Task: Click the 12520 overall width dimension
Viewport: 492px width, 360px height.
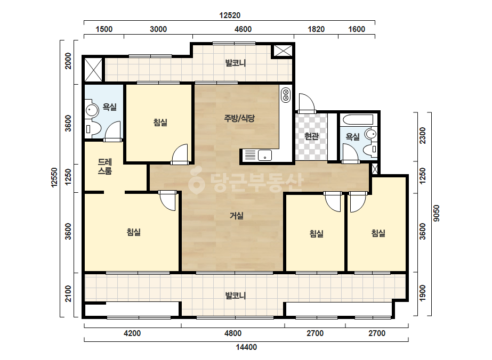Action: (230, 15)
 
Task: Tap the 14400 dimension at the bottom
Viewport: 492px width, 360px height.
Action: (246, 347)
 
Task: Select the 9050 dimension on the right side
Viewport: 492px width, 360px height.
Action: (437, 213)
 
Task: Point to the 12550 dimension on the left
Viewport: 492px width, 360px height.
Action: (54, 177)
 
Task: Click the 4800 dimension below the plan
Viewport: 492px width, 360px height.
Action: (233, 333)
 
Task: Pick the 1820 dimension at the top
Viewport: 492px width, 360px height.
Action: (316, 29)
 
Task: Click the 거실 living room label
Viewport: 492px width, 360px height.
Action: (237, 216)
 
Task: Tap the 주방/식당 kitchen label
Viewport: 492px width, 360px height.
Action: (239, 118)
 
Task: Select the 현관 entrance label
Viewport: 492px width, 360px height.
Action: (312, 136)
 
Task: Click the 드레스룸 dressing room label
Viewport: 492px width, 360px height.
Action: (105, 166)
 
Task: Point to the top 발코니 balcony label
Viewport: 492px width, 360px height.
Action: (235, 63)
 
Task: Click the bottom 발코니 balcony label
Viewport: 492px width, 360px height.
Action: (235, 296)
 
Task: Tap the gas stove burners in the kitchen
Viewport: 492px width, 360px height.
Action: (286, 95)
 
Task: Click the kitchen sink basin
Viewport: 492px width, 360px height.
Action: (265, 155)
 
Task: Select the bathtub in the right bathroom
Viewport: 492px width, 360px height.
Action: (358, 119)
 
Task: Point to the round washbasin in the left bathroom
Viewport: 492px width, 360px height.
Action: (91, 110)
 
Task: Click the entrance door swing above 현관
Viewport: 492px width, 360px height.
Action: (307, 103)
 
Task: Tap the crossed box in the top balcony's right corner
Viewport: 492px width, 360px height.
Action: (283, 51)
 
